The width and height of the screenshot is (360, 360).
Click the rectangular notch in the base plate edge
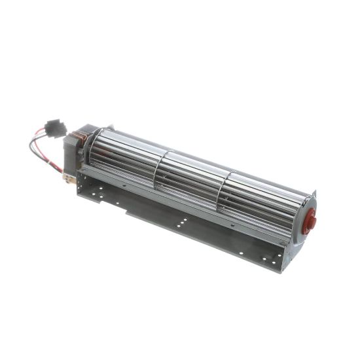(107, 200)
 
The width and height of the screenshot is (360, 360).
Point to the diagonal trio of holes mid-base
(180, 223)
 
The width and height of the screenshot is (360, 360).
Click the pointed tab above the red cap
(315, 193)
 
